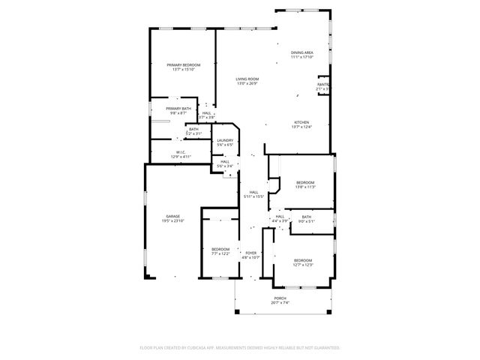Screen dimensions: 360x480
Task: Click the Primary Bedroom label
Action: click(x=183, y=65)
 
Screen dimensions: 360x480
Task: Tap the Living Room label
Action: click(x=247, y=79)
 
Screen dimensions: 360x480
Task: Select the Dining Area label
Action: click(x=301, y=52)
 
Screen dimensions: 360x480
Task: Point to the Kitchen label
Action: click(x=301, y=122)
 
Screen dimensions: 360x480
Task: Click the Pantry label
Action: click(x=323, y=85)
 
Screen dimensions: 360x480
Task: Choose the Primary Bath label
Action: click(x=178, y=109)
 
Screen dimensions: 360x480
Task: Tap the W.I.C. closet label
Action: click(x=181, y=152)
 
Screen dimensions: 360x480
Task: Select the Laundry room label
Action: click(x=225, y=139)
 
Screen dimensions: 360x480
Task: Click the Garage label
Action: click(x=172, y=216)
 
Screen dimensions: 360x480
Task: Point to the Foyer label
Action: click(x=251, y=253)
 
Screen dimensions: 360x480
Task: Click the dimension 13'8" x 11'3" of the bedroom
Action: click(x=304, y=187)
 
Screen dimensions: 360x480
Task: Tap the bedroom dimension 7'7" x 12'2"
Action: click(x=220, y=253)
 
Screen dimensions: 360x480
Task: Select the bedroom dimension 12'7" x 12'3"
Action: click(x=303, y=265)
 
